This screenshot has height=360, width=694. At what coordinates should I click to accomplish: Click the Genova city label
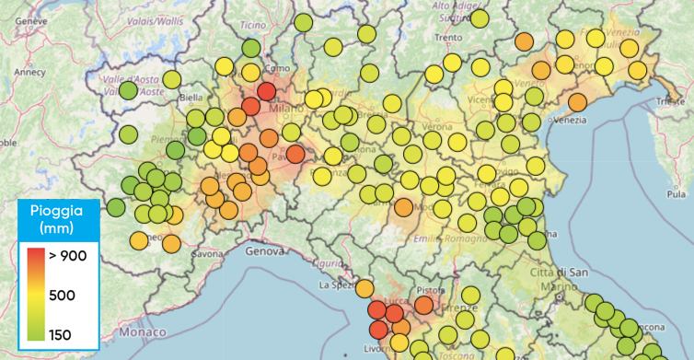click(x=268, y=249)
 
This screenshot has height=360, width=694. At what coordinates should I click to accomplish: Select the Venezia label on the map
click(x=569, y=120)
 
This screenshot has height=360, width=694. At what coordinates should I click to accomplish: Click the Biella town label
click(x=191, y=97)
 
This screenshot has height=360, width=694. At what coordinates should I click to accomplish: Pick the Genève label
click(x=30, y=19)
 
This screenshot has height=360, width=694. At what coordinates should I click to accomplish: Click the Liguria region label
click(x=326, y=263)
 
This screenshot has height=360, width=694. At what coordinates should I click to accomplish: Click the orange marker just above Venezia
click(x=577, y=102)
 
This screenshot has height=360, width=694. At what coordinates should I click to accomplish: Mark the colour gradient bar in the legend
click(x=33, y=295)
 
